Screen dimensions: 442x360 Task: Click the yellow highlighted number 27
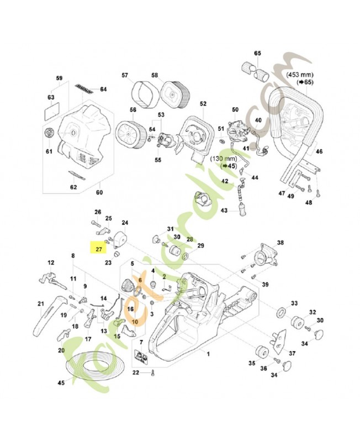point(98,249)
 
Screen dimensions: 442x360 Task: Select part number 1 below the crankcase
point(208,352)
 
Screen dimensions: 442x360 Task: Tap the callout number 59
point(60,78)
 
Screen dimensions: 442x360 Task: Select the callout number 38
point(280,243)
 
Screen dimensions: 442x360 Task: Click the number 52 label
point(203,103)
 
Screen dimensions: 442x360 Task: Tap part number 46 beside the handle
point(319,151)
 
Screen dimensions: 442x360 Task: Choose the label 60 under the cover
point(100,192)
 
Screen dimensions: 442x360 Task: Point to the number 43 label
point(224,211)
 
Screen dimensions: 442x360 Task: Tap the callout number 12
point(51,262)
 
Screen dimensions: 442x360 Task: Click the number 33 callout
point(294,303)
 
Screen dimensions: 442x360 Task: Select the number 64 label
point(103,89)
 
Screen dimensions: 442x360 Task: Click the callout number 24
point(125,223)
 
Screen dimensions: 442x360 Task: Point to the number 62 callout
point(73,187)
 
